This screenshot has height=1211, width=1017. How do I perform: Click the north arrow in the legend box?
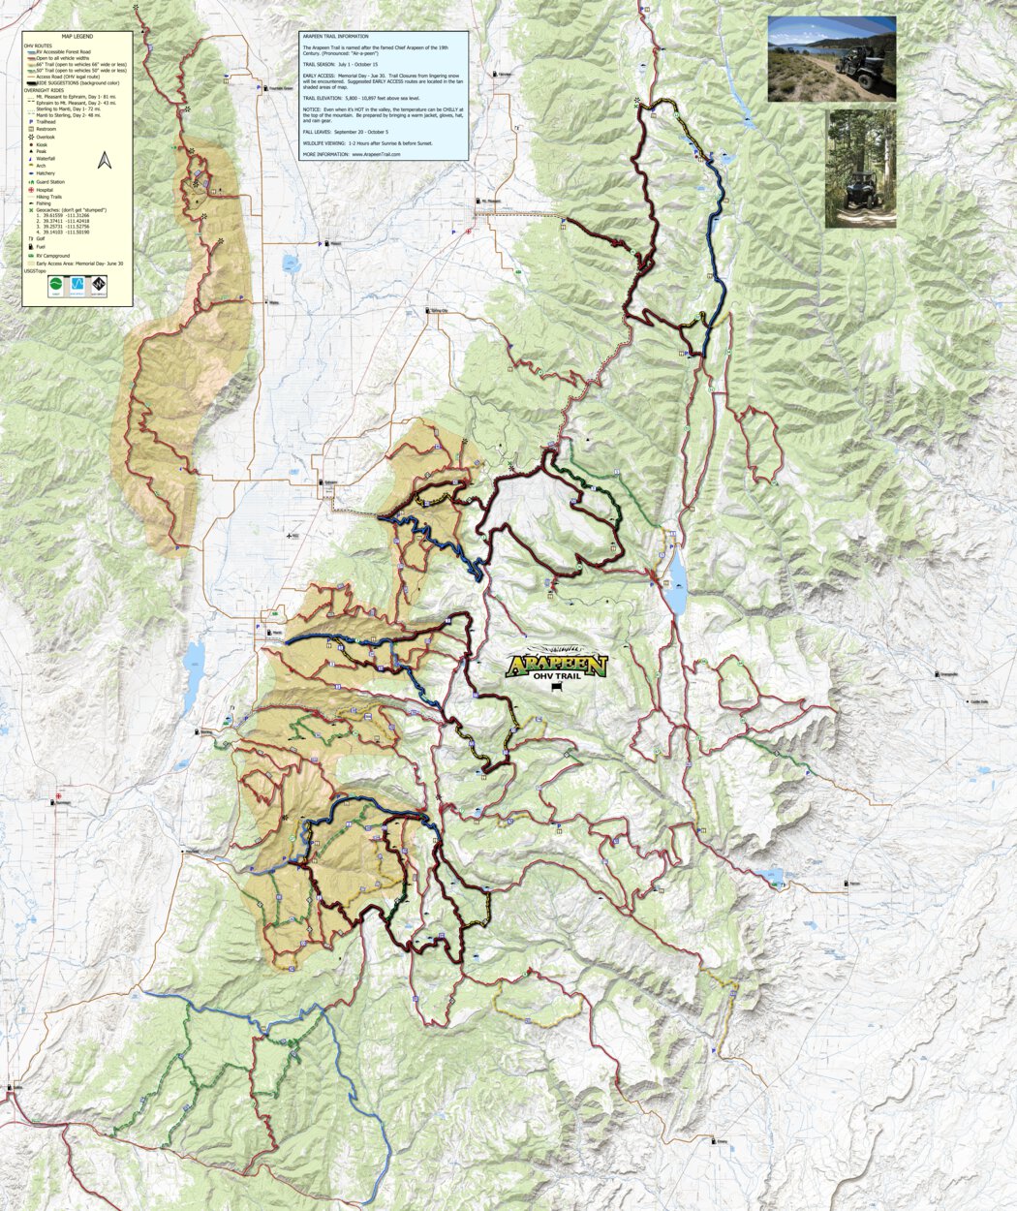coord(106,161)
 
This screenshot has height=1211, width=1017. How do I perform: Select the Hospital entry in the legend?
coord(48,190)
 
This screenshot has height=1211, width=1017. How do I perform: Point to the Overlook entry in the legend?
coord(47,137)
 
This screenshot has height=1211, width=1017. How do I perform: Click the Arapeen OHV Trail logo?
coord(556,668)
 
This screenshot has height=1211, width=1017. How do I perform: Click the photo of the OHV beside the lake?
coord(831,58)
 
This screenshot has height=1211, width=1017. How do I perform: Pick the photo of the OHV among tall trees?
coord(860,168)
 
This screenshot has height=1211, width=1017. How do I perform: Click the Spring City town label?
coord(441,311)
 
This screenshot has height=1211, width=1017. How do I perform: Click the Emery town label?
coord(722,1141)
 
